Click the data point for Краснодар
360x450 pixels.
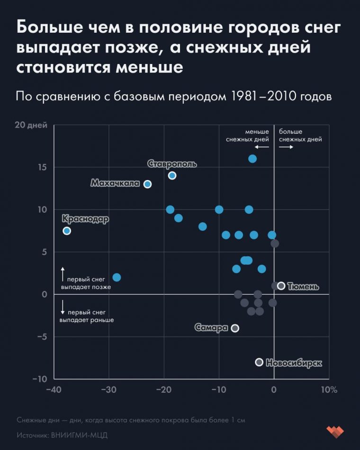(67, 231)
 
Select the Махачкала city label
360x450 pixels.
(115, 183)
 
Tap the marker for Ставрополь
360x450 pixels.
(172, 176)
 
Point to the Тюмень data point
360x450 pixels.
(281, 286)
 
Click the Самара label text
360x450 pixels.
(211, 328)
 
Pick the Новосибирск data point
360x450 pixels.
(259, 362)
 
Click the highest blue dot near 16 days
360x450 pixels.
(252, 159)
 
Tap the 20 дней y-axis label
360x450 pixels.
(31, 125)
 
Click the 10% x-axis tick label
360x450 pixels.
(329, 390)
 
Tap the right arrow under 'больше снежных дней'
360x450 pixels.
(286, 147)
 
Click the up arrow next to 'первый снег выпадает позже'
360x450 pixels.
(63, 273)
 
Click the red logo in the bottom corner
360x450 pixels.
(335, 431)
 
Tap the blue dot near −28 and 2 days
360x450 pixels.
(117, 277)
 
